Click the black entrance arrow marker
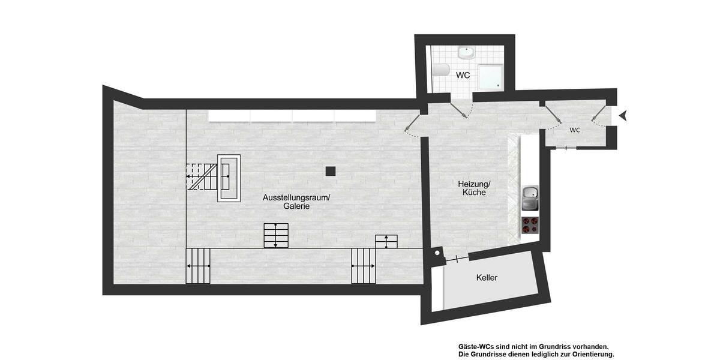pos(623,115)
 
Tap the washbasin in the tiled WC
pos(466,53)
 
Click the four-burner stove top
pos(530,224)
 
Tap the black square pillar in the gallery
pos(330,171)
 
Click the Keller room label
pos(487,278)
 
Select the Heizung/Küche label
pos(474,188)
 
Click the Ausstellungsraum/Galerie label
pos(296,202)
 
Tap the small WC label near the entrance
pos(575,130)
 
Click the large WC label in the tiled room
pos(463,76)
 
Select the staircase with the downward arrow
pos(275,235)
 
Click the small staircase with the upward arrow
pos(386,241)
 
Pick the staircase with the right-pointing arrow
pos(198,265)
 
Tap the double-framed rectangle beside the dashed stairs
pos(229,178)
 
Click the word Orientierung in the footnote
pos(586,354)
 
